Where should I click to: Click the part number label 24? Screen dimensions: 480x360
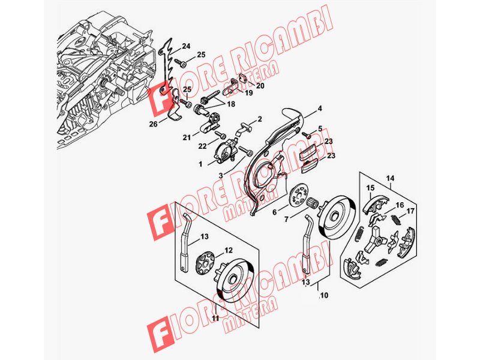tap(186, 46)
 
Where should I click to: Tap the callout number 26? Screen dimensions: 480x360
tap(154, 124)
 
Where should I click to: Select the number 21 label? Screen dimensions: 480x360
tap(187, 138)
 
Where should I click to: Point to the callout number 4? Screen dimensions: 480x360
tap(320, 109)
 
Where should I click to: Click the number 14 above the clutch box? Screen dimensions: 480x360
tap(391, 178)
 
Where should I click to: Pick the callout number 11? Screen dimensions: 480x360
tap(216, 318)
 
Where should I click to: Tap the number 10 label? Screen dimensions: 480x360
tap(325, 295)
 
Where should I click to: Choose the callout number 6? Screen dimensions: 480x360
tap(275, 212)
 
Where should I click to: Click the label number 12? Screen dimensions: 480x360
tap(229, 250)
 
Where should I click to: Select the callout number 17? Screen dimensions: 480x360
tap(410, 211)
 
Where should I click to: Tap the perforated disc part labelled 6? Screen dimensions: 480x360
tap(297, 194)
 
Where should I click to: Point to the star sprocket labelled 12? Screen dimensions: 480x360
tap(204, 262)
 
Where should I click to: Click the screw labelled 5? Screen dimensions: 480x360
tap(307, 134)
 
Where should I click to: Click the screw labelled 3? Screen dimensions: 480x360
tap(247, 151)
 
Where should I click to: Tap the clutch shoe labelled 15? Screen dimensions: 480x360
tap(376, 203)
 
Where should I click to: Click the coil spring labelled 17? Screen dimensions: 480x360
tap(397, 220)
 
